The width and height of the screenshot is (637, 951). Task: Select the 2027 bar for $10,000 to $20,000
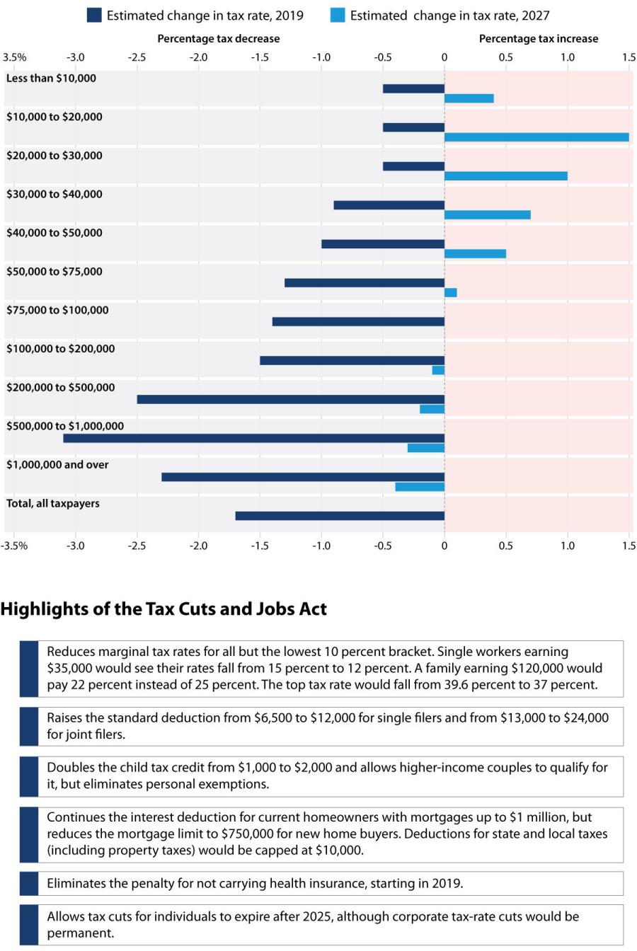pos(536,137)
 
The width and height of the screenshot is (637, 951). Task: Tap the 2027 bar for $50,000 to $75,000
pos(451,292)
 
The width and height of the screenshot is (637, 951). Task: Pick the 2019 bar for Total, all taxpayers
pos(340,516)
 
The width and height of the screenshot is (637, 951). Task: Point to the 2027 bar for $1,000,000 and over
pos(420,487)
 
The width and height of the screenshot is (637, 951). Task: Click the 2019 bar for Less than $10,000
pos(413,88)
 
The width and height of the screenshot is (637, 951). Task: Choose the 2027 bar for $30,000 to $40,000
pos(488,214)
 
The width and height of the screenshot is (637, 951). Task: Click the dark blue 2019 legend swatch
pos(94,15)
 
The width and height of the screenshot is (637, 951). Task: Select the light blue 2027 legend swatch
pos(338,15)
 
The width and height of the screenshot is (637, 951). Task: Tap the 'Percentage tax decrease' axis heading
pos(218,39)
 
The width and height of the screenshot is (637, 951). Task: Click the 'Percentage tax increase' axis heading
pos(539,39)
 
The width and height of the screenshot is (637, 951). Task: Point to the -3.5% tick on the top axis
pos(15,57)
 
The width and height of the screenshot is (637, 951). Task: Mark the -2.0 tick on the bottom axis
pos(198,546)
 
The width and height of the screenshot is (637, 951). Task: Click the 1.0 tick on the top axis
pos(568,57)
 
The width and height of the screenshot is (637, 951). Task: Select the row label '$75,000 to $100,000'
pos(57,310)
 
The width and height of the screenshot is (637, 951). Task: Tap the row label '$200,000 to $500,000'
pos(60,387)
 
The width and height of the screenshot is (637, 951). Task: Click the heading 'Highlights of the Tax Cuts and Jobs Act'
pos(163,609)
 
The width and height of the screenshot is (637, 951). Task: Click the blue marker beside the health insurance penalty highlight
pos(29,883)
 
